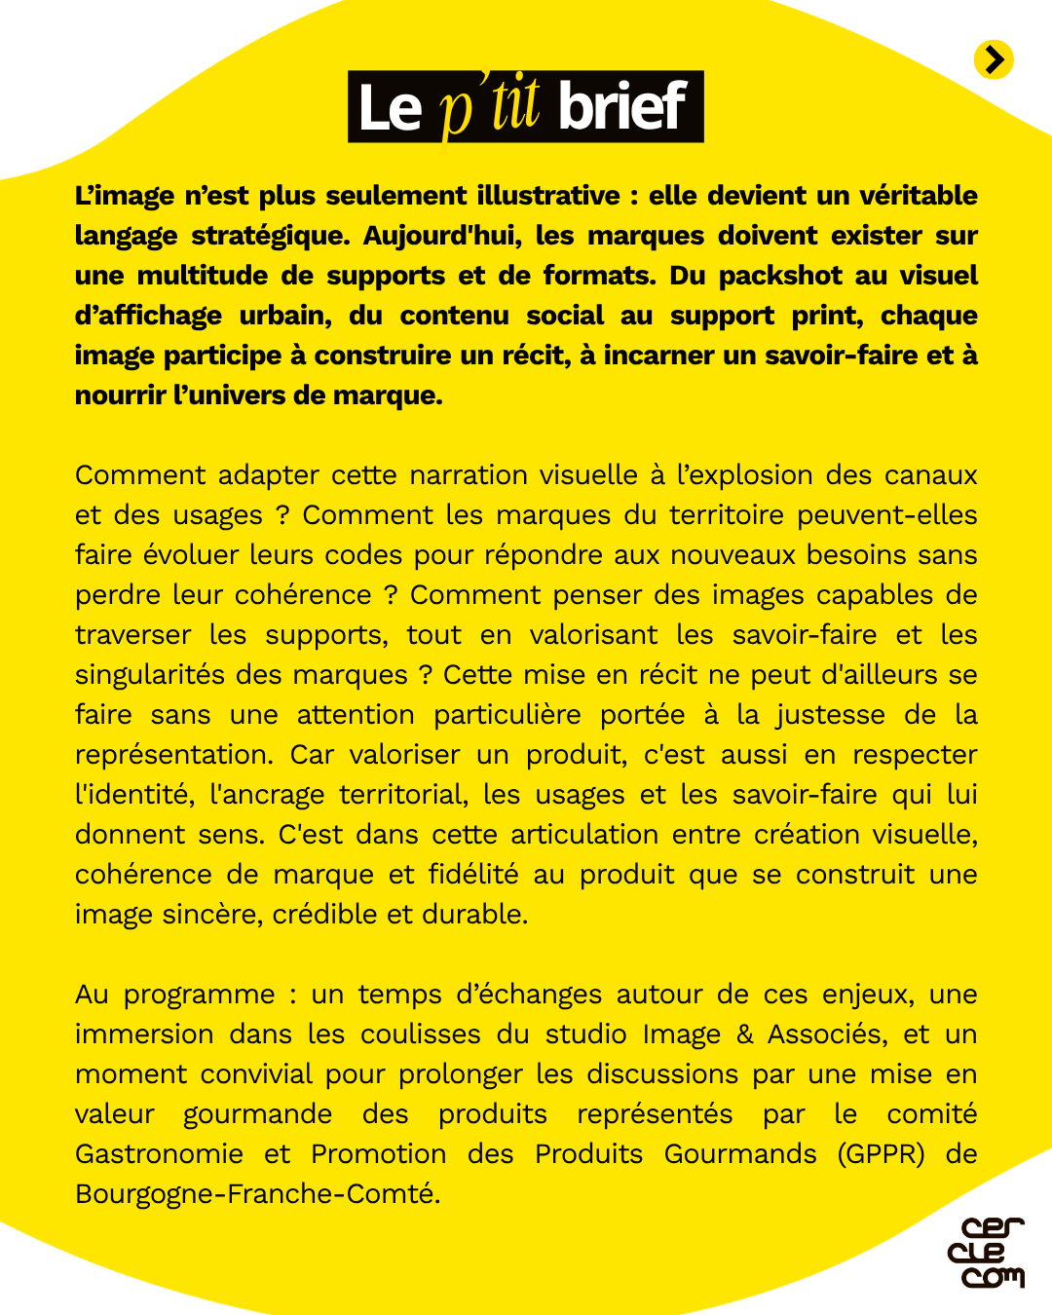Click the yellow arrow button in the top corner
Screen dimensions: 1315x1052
click(994, 60)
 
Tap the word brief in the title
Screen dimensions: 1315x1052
click(622, 106)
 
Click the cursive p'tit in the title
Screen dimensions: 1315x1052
click(489, 106)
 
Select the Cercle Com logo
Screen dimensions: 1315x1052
click(986, 1253)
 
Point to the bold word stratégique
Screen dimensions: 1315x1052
click(269, 237)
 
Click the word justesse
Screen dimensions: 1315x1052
click(830, 715)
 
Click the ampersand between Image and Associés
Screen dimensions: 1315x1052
click(744, 1034)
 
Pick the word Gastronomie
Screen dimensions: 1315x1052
click(159, 1154)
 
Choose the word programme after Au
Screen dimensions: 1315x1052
click(199, 996)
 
